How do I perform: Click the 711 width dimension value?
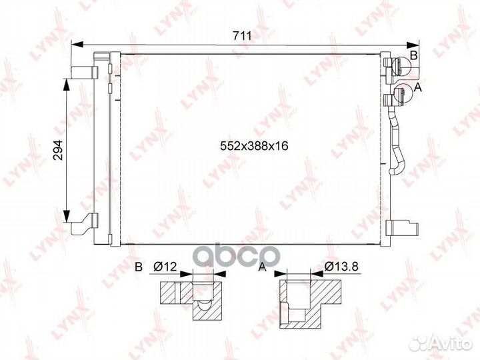pos(242,36)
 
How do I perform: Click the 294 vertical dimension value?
pos(58,150)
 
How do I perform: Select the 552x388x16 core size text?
pos(254,146)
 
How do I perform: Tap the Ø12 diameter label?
pos(165,267)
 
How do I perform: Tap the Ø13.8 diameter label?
pos(341,267)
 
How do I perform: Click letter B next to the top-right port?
pos(413,55)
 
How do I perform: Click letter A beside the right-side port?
pos(417,88)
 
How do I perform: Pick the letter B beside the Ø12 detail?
pos(139,267)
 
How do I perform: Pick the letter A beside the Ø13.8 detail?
pos(263,267)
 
